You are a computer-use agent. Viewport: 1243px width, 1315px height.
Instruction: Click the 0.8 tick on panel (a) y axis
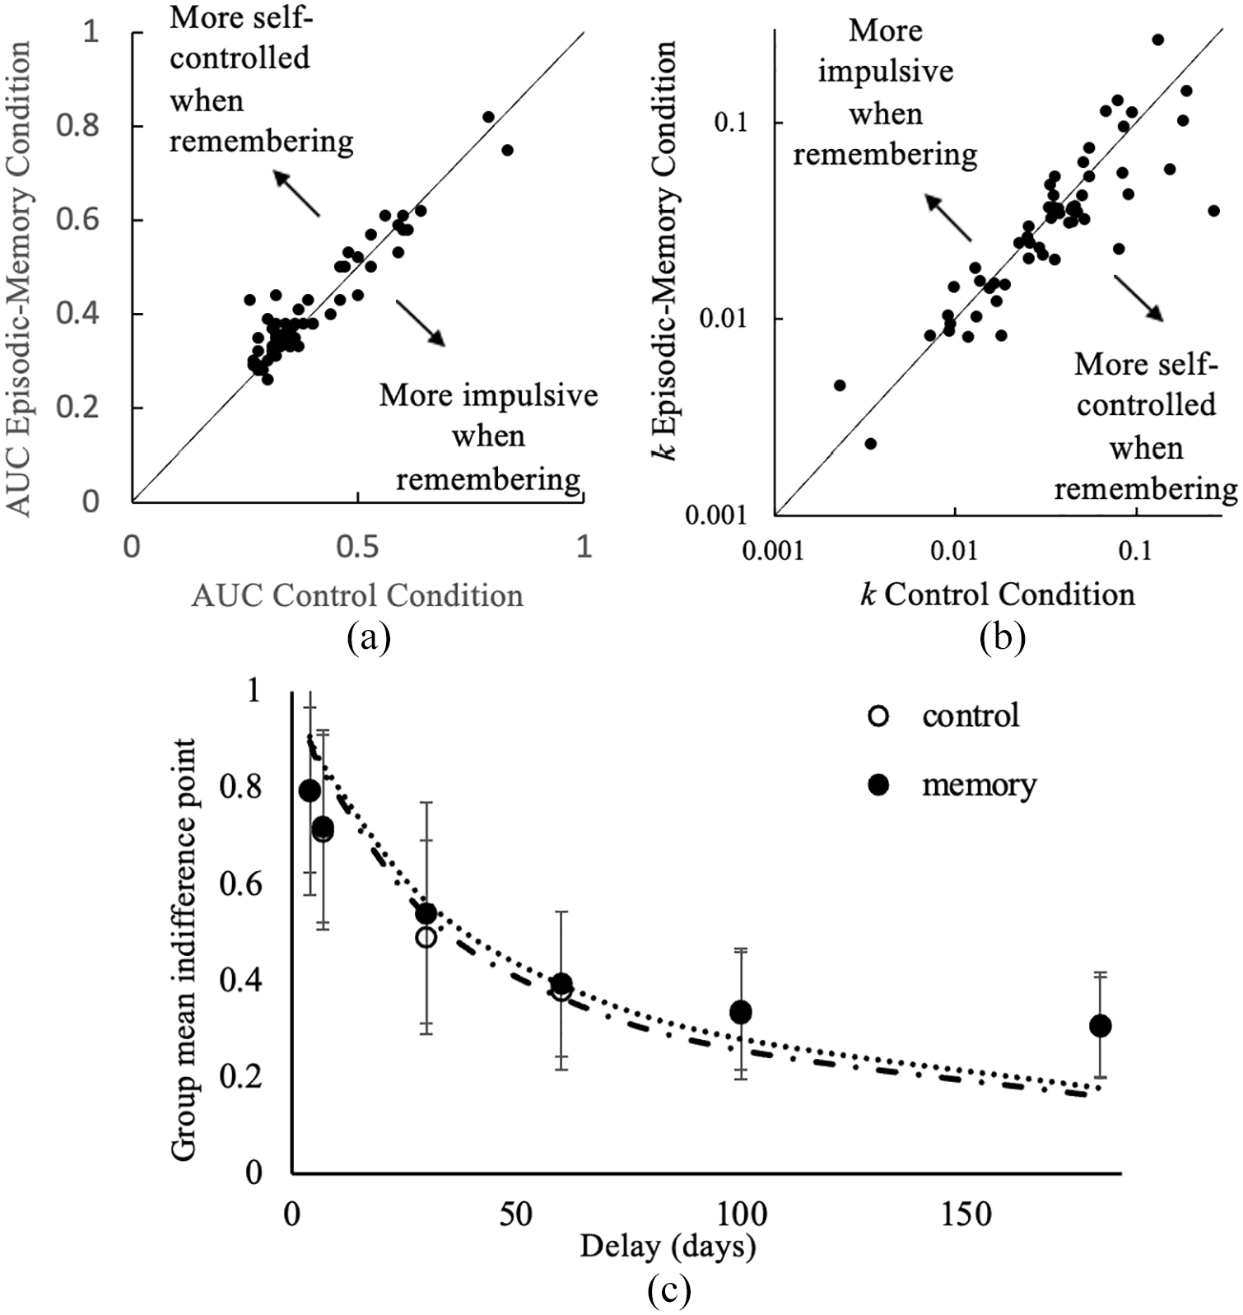79,126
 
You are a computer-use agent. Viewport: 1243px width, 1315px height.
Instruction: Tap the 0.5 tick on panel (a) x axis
357,547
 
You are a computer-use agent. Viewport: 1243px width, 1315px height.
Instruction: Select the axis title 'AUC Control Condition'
357,595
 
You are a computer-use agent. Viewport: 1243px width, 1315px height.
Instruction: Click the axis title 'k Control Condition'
997,594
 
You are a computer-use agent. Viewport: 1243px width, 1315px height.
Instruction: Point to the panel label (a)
369,637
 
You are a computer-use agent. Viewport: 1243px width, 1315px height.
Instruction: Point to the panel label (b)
1003,637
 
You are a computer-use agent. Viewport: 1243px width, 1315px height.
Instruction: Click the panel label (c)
668,1291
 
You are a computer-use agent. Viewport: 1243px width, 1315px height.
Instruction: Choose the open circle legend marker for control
879,716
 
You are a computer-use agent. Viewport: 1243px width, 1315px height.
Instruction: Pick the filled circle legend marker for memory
879,786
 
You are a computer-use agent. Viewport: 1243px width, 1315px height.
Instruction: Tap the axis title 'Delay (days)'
668,1246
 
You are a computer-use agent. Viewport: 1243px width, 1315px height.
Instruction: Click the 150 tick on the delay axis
965,1215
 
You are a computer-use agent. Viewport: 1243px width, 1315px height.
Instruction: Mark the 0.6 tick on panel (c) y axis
240,884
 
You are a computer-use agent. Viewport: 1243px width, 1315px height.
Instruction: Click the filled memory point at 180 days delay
1100,1026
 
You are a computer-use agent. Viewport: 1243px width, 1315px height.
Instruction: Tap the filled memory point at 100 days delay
741,1012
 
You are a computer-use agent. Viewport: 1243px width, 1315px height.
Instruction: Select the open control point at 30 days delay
426,937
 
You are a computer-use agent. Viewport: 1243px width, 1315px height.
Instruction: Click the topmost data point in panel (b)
1157,40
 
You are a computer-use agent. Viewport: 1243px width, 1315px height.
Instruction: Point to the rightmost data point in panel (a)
507,150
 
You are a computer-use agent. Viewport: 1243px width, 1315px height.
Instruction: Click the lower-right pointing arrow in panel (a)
420,323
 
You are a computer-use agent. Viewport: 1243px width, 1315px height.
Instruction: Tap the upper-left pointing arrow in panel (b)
947,218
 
